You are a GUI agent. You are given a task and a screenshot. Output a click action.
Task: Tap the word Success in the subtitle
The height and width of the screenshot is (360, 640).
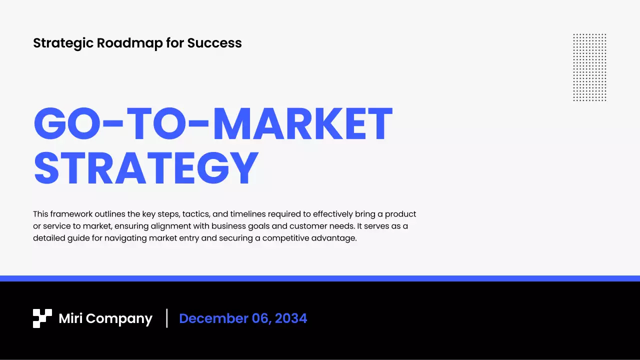coord(214,43)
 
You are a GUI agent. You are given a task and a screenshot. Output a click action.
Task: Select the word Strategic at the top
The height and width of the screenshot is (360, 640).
coord(63,43)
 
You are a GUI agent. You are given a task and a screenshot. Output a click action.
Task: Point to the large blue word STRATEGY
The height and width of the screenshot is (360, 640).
coord(146,168)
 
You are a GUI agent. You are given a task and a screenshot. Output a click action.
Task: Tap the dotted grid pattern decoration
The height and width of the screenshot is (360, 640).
coord(589,67)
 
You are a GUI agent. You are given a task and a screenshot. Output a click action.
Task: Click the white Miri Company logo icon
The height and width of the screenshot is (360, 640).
coord(42,318)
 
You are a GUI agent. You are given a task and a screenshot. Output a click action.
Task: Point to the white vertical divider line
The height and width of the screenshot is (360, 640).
coord(167,318)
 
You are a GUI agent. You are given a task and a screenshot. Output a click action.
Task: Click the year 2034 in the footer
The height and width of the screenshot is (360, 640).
coord(290,319)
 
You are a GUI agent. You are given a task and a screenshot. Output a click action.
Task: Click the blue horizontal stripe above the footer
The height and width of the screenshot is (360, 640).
coord(320,278)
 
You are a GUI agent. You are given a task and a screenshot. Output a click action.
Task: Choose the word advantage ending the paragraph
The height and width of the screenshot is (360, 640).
coord(334,238)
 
